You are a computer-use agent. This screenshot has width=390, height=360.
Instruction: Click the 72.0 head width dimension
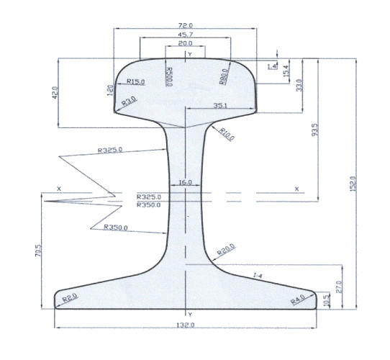click(186, 25)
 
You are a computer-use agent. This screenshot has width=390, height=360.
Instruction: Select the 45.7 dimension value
click(186, 35)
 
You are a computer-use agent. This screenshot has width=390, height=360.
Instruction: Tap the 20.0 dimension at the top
click(186, 44)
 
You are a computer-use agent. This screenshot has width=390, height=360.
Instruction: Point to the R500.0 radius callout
click(170, 76)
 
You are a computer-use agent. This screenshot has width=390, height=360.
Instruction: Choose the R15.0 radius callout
click(135, 82)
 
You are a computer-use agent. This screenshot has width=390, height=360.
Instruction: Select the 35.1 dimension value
click(222, 106)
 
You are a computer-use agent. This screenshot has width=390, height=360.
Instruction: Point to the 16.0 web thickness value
click(186, 183)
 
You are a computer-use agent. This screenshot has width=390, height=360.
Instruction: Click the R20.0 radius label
click(226, 250)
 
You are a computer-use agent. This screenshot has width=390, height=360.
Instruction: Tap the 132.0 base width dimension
click(186, 325)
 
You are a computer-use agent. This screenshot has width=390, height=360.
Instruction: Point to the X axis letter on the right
click(296, 189)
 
